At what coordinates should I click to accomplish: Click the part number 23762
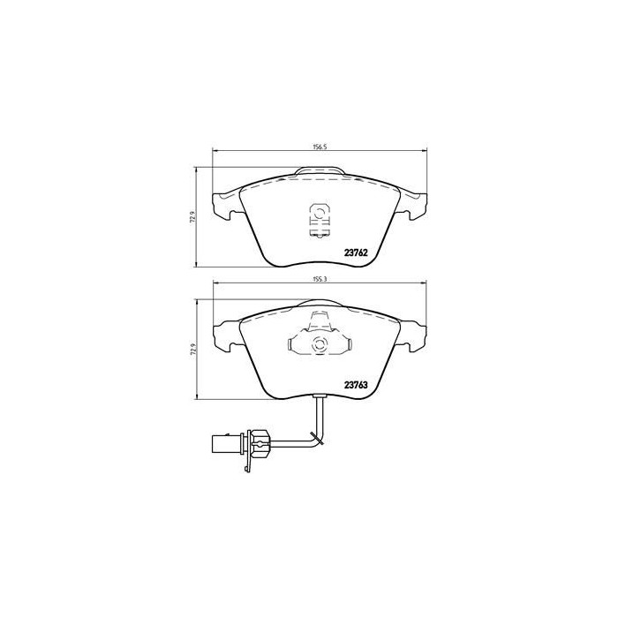[x=356, y=253]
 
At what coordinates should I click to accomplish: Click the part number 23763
[x=356, y=386]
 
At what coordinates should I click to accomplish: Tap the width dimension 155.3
[x=320, y=279]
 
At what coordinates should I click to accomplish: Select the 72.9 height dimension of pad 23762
[x=192, y=217]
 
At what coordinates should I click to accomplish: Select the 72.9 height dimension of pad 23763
[x=192, y=350]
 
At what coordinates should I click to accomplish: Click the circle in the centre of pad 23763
[x=319, y=343]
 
